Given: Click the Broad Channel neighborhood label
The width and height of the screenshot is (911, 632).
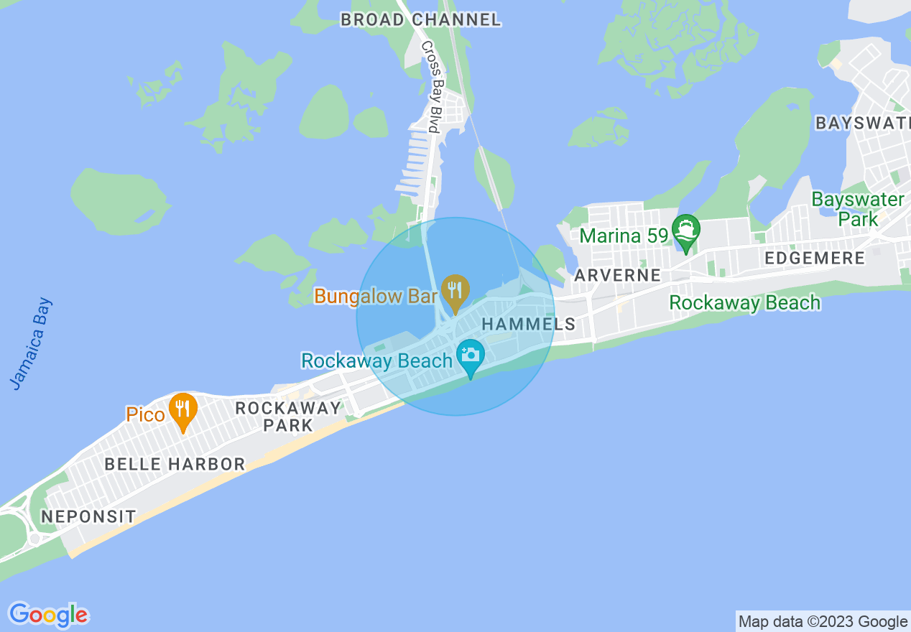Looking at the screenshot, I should click(x=420, y=19).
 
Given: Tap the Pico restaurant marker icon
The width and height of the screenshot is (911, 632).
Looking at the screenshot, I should click(x=183, y=409).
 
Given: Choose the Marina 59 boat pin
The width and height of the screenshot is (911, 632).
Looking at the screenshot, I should click(x=686, y=231).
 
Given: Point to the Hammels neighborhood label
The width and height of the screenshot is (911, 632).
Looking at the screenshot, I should click(x=529, y=324).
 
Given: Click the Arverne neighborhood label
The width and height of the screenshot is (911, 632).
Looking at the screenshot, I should click(x=617, y=275).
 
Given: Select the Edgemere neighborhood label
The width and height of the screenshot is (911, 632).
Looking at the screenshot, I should click(x=815, y=259).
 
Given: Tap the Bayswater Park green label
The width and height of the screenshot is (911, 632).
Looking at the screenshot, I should click(x=857, y=209).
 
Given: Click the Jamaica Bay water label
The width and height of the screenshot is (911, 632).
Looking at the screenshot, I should click(x=32, y=344).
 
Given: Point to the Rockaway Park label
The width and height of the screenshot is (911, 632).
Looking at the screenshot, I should click(x=288, y=417).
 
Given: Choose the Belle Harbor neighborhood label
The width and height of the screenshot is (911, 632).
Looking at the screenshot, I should click(x=175, y=464).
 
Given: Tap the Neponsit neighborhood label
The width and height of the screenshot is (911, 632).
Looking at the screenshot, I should click(x=88, y=516).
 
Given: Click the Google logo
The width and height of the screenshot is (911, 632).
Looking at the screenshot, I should click(x=48, y=615).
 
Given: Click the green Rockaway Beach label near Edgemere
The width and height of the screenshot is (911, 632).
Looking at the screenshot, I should click(x=744, y=303).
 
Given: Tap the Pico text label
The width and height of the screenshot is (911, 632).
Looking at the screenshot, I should click(x=145, y=414).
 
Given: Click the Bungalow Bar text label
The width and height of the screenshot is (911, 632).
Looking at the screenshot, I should click(x=376, y=296).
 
